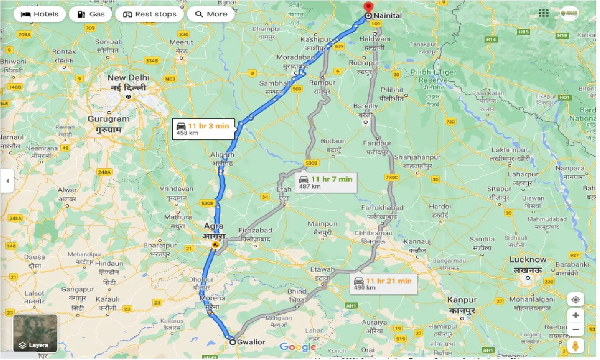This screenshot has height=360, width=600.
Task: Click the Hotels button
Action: tap(40, 14)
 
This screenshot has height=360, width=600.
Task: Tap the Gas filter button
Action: tap(91, 14)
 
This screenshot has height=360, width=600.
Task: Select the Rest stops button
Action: tap(150, 14)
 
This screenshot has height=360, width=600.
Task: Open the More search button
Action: tap(211, 14)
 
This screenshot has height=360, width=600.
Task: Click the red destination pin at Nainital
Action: tap(368, 7)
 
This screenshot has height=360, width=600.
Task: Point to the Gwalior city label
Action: tap(251, 342)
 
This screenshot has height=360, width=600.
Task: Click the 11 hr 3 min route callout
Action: tap(203, 129)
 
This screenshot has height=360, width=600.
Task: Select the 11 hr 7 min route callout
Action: tap(326, 182)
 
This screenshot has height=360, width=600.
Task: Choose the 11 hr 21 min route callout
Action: tap(383, 283)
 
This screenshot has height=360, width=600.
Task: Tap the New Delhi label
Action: tap(128, 78)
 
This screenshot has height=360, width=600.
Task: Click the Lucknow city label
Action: tap(528, 259)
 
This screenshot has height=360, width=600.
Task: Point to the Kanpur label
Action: tap(462, 300)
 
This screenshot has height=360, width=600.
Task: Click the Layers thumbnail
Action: tap(36, 333)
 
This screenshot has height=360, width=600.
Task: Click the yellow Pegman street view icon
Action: tap(575, 346)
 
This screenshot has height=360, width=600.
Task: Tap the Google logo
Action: tap(298, 347)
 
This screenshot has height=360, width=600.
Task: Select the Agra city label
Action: tap(213, 226)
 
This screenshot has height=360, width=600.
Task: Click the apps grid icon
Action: tap(543, 13)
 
